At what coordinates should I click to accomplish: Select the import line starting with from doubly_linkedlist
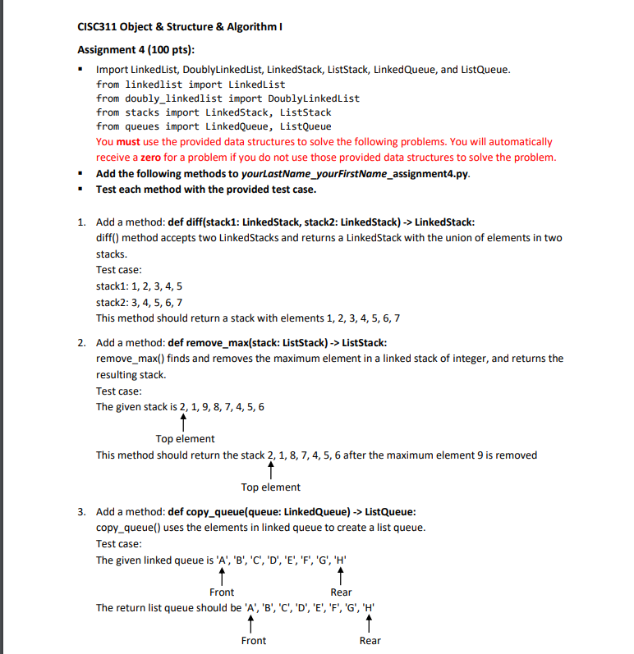[x=227, y=98]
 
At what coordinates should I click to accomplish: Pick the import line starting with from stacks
[x=214, y=112]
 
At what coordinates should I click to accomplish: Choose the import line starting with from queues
[x=214, y=126]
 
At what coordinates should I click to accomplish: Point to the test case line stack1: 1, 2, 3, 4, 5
[x=139, y=286]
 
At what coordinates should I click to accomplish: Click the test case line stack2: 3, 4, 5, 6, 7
[x=139, y=301]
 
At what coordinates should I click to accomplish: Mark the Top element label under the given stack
[x=185, y=439]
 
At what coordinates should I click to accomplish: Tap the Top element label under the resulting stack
[x=270, y=487]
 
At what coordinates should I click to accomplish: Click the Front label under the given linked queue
[x=222, y=592]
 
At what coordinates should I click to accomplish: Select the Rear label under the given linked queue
[x=341, y=592]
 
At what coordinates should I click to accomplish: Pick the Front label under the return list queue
[x=253, y=640]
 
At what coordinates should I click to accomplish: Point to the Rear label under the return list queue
[x=370, y=640]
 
